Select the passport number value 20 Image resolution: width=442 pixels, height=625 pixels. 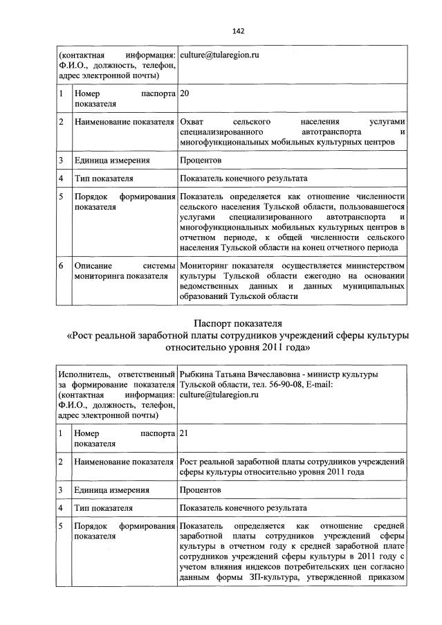click(184, 94)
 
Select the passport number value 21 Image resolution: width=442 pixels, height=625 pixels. click(184, 433)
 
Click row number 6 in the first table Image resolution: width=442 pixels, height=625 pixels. click(61, 266)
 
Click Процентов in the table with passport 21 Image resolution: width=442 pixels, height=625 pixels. click(200, 489)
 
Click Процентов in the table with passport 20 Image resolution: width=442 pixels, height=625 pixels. click(200, 161)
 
